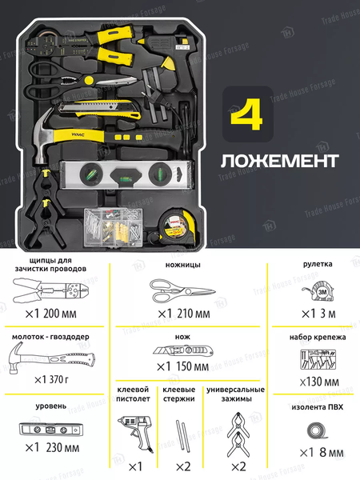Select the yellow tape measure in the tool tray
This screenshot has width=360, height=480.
tap(173, 226)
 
